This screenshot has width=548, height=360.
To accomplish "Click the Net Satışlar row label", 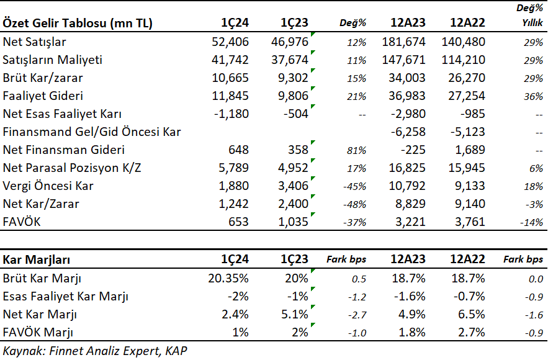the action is coord(34,42).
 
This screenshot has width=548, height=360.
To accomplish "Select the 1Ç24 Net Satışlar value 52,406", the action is coord(230,42).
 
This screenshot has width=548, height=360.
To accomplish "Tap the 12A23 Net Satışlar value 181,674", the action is coord(403,42).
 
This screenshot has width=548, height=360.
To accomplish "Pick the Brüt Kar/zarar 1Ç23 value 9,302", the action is coord(293,78).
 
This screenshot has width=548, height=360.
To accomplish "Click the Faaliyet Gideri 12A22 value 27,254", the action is coord(467,96).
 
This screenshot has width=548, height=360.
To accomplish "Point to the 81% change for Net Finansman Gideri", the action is coord(356,151).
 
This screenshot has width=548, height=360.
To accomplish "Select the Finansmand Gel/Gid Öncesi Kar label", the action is coord(92,132).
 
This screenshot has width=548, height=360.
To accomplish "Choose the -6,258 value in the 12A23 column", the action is coord(408,132).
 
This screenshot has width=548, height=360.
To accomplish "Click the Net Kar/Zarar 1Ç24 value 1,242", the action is coord(233,204).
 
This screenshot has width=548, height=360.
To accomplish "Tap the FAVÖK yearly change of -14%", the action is coord(531,223).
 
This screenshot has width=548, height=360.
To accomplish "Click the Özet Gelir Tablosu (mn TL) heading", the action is coord(78,23).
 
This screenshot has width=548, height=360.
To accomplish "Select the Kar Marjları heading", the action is coord(37,259).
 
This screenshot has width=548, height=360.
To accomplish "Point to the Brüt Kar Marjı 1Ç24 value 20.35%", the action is coord(228,279).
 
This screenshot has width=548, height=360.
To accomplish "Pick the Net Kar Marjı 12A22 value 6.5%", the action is coord(472,315).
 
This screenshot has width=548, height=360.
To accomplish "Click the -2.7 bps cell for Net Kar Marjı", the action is coord(357,315).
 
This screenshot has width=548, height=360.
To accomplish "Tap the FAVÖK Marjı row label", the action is coord(38,333).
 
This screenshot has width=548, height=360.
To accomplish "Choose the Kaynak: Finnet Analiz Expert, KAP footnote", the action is coord(95,351).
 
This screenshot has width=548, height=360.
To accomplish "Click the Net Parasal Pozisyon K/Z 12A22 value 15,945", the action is coord(467,168).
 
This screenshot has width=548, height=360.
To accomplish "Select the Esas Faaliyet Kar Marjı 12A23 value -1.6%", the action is coord(410,297).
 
